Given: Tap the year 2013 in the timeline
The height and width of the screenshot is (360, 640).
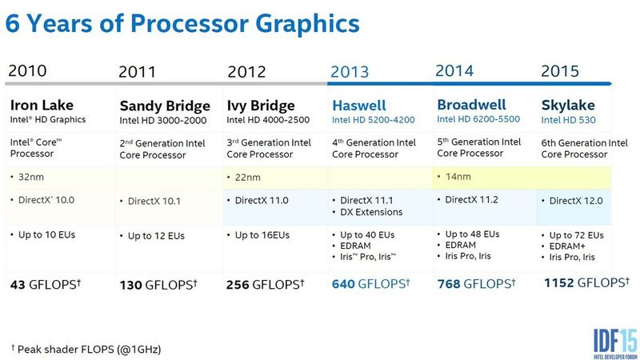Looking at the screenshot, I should click(x=350, y=72).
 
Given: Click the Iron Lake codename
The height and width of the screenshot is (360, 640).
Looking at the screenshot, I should click(x=42, y=105).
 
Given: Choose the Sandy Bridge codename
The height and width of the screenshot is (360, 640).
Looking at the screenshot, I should click(x=165, y=106).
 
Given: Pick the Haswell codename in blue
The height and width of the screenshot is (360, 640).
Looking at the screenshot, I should click(x=358, y=106).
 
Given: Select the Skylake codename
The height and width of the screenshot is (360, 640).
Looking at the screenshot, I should click(x=567, y=105).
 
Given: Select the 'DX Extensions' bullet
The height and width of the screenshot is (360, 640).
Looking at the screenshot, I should click(x=369, y=212).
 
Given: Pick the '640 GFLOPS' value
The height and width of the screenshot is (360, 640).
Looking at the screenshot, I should click(x=371, y=284).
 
